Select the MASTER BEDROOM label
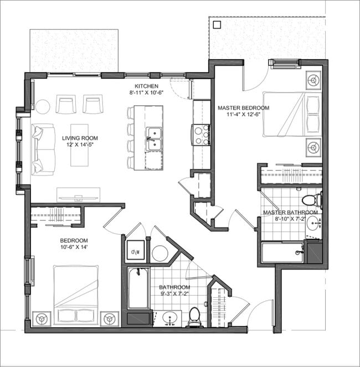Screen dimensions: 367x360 243,108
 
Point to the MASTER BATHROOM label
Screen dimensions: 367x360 290,213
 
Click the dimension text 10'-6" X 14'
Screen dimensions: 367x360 74,247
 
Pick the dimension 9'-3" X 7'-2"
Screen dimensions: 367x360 174,294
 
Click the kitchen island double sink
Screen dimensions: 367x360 153,138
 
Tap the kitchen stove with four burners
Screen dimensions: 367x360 200,135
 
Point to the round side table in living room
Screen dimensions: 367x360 43,106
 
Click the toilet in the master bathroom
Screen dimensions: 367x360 311,199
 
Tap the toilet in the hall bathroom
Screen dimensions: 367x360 194,317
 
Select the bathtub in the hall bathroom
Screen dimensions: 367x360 138,288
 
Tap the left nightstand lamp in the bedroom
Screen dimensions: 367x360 42,319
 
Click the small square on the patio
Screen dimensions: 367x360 218,25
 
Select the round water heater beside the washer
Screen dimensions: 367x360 160,254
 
